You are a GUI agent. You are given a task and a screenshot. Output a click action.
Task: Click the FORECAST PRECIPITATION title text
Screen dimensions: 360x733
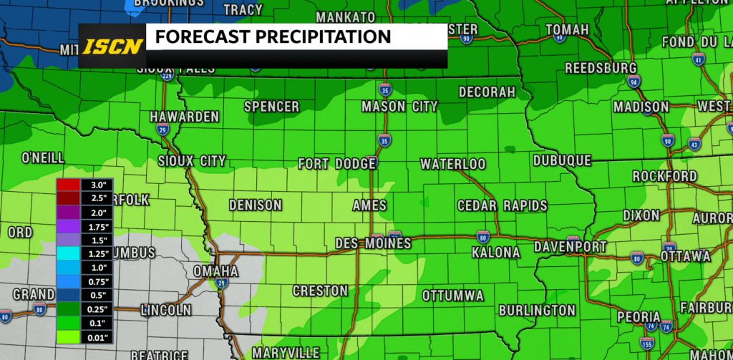[273, 37]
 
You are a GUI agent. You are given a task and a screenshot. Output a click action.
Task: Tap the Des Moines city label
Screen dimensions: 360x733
[373, 243]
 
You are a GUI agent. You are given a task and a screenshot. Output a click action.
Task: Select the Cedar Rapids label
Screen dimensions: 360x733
[503, 205]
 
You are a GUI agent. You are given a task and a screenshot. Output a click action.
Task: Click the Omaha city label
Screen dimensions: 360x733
[215, 272]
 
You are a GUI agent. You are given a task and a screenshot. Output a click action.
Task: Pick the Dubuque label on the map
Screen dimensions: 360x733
[562, 160]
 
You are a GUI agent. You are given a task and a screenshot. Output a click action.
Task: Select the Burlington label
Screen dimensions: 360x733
[537, 310]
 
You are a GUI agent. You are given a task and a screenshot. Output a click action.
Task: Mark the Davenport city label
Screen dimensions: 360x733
[571, 247]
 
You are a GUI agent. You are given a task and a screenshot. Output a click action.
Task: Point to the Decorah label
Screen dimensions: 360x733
[487, 92]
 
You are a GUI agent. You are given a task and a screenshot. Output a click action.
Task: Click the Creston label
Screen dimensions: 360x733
[320, 291]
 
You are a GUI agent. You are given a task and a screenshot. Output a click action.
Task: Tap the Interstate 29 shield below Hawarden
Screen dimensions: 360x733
[162, 130]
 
